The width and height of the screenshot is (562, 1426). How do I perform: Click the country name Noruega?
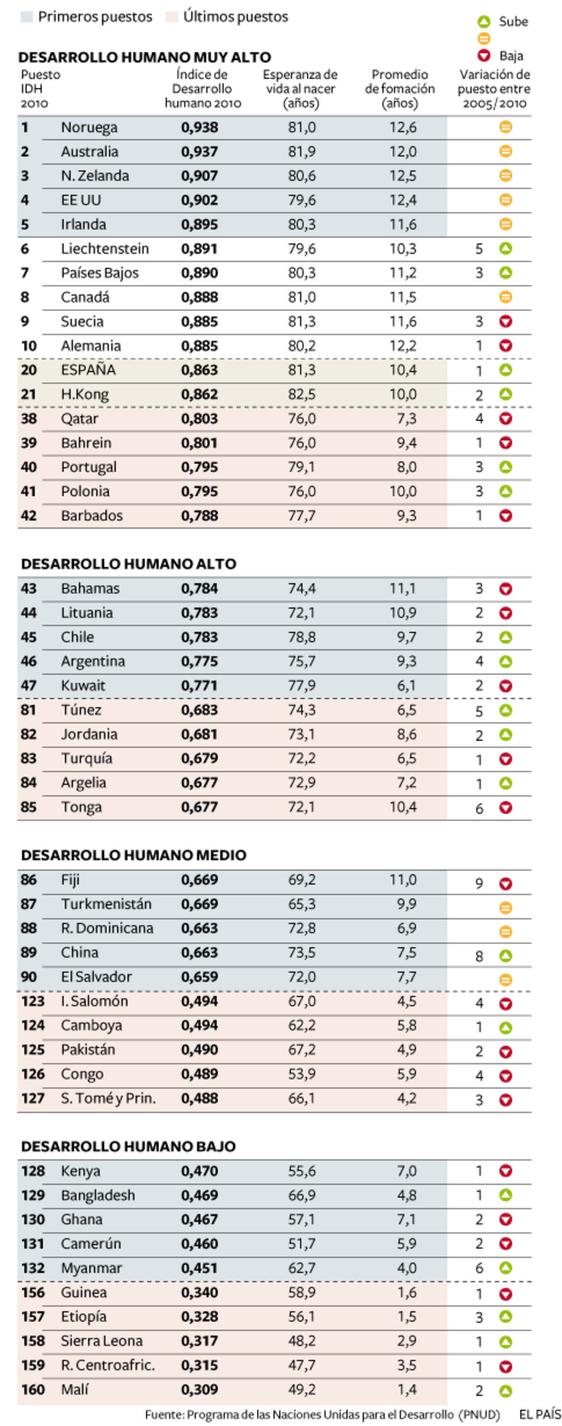pos(89,127)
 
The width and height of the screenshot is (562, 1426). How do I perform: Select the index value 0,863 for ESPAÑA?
pos(199,370)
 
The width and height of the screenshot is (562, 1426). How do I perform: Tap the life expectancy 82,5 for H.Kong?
pos(302,394)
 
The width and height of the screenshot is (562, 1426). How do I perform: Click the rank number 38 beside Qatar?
pos(29,418)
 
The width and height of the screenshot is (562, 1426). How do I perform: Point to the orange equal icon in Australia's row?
pos(505,151)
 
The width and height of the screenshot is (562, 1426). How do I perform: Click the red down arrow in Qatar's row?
pos(505,419)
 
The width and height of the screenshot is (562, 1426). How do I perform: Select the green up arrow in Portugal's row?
pos(505,467)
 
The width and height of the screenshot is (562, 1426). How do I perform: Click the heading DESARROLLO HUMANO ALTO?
pos(129,564)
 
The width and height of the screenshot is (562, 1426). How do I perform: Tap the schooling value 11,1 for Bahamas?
pos(402,589)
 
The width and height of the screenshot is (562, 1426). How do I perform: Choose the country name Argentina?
pos(93,661)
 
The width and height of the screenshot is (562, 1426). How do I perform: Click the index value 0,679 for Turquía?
pos(199,758)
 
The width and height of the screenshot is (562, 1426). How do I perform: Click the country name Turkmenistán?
pos(106,904)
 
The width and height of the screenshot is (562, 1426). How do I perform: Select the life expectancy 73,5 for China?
pos(302,952)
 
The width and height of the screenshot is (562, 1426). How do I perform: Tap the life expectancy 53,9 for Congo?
pos(302,1074)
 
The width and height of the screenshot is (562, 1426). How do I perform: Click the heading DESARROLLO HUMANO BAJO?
pos(128,1146)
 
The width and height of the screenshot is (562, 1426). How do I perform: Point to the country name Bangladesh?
pos(98,1195)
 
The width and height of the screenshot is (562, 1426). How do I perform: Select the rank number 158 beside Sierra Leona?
pos(32,1341)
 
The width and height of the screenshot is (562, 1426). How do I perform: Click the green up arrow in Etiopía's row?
pos(505,1317)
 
